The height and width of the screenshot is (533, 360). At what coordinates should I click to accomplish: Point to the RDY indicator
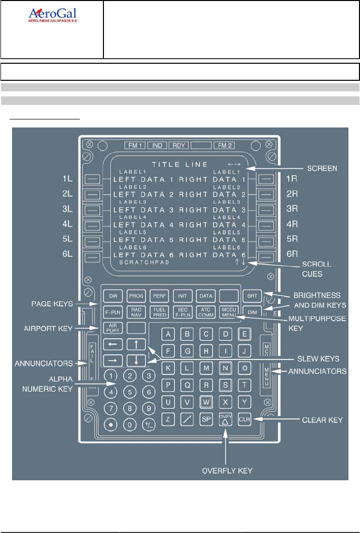point(179,146)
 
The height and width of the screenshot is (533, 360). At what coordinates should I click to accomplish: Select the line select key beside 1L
point(92,178)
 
